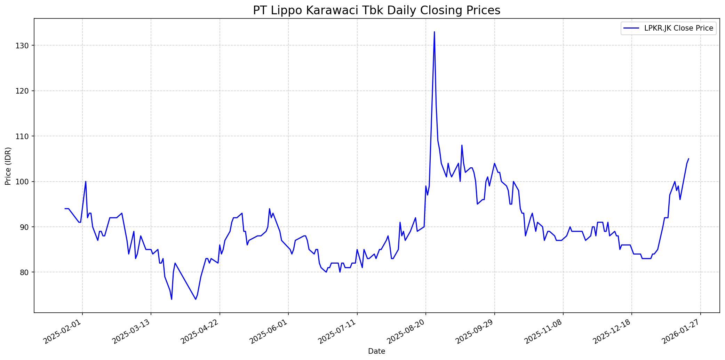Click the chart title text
[376, 10]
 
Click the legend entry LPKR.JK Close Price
[678, 28]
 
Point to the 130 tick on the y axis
[25, 46]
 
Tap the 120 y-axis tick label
[25, 91]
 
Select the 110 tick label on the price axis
[25, 136]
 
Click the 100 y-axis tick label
[25, 182]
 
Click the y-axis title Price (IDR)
[8, 166]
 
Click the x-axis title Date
[376, 352]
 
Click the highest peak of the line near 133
[434, 32]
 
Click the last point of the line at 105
[688, 159]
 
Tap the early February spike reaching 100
[86, 182]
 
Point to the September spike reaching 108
[462, 145]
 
